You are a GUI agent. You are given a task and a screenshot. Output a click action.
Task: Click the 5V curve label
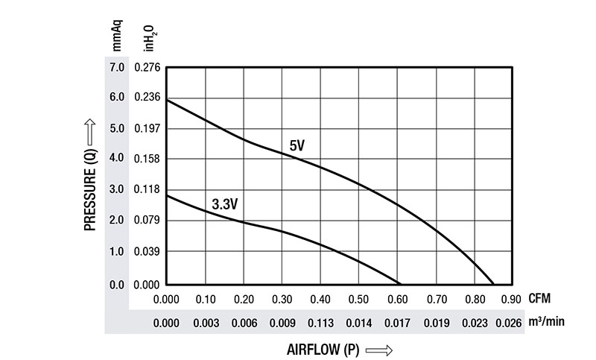click(x=297, y=146)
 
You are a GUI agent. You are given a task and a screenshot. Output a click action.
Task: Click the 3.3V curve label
click(x=224, y=203)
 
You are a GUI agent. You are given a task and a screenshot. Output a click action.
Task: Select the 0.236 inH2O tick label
click(x=147, y=98)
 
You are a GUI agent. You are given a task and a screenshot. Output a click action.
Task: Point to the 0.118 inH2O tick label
click(x=147, y=189)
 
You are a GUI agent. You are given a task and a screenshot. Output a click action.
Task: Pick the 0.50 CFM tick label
click(x=358, y=300)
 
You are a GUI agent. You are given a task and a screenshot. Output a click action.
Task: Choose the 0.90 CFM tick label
click(x=511, y=300)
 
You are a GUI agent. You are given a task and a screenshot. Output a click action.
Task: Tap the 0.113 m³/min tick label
click(x=320, y=323)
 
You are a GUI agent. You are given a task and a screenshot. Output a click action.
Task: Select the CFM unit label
click(x=539, y=299)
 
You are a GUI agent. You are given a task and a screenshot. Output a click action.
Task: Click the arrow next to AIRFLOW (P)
click(x=378, y=350)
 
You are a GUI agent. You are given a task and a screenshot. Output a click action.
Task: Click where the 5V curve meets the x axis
click(x=493, y=285)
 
